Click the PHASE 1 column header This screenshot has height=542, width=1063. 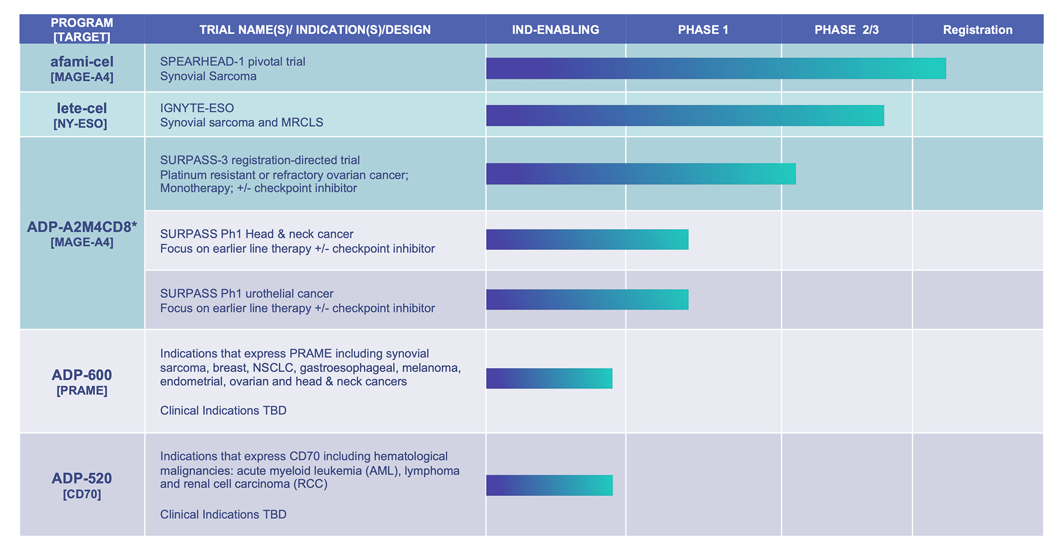pos(703,30)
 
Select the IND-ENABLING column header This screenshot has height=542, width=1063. pos(555,30)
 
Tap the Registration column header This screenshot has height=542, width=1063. pos(977,30)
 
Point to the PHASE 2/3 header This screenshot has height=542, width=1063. pos(846,30)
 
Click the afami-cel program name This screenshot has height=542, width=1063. pos(82,61)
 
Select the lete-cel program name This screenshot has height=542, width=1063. pos(82,108)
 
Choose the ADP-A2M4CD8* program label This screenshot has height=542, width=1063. pos(82,227)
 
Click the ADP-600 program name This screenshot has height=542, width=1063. pos(82,375)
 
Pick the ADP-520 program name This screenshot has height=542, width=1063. pos(82,478)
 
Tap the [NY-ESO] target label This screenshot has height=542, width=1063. pos(80,123)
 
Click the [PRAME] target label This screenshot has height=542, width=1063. pos(82,391)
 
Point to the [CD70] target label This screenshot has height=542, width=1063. pos(82,494)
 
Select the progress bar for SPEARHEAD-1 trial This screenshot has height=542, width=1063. pos(715,68)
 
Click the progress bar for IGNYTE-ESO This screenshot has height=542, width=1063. pos(684,115)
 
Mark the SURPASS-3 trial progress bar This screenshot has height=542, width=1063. pos(641,174)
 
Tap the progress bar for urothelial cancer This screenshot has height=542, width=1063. pos(587,300)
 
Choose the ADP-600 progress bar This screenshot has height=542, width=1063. pos(549,379)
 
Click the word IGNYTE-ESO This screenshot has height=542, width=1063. pos(197,108)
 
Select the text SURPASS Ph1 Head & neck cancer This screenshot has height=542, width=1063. pos(256,234)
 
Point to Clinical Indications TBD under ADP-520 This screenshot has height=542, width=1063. pos(223,514)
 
